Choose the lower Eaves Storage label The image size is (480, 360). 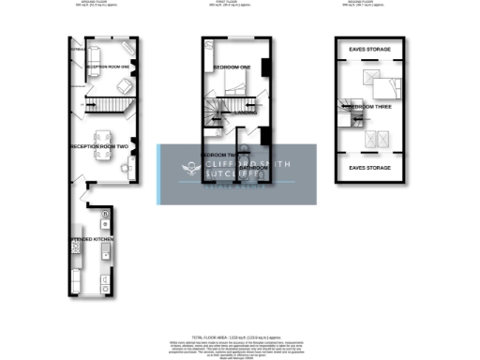coord(368,168)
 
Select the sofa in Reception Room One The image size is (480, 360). coord(97,51)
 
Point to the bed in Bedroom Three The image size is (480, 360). coord(383,87)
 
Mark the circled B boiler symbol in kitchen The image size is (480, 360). coord(106,214)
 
